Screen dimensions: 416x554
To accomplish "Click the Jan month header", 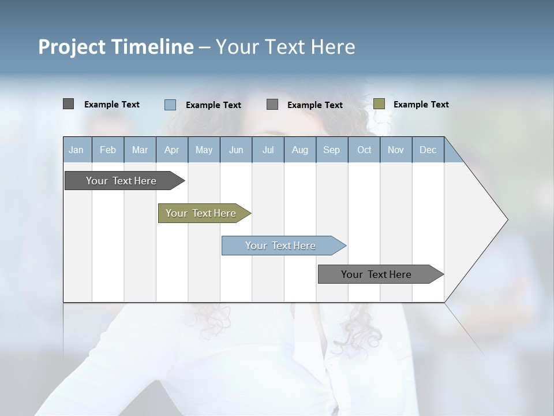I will [x=77, y=150].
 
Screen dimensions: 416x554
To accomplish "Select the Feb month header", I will [x=108, y=150].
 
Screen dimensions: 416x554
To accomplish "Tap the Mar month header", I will [x=140, y=150].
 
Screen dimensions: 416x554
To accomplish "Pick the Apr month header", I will [x=172, y=150].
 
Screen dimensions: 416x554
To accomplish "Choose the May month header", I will [x=204, y=150].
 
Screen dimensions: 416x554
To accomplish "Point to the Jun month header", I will [x=236, y=150].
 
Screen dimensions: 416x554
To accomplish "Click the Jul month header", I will [x=268, y=150].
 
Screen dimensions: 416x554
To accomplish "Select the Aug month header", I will [x=300, y=150].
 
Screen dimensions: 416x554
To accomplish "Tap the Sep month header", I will [x=332, y=150].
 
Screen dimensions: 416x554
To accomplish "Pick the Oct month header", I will [x=364, y=150].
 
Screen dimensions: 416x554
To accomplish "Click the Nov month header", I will [x=396, y=150].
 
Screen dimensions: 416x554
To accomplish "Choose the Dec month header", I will [x=428, y=150].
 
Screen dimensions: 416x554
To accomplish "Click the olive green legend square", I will [x=379, y=104].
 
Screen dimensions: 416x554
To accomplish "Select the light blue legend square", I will [x=170, y=105].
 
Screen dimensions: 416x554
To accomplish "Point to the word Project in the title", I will [x=72, y=47].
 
